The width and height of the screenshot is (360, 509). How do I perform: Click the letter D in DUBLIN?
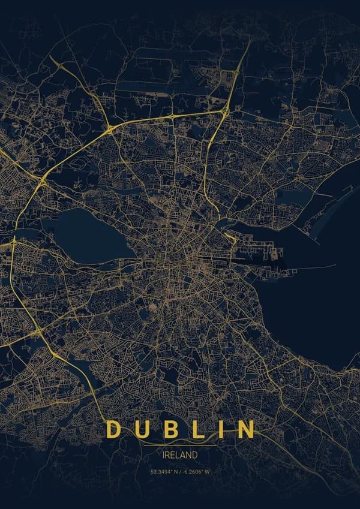[x=114, y=429]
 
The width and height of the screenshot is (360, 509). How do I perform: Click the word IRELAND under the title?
[x=180, y=455]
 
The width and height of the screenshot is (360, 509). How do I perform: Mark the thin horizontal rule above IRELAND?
[x=180, y=445]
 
